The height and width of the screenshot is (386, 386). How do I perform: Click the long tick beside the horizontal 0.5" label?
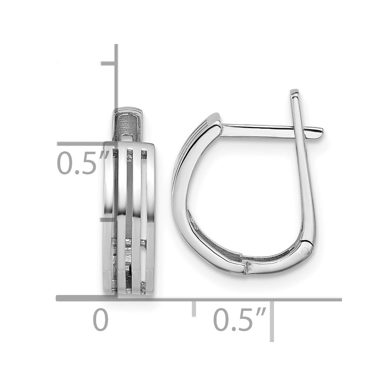click(x=272, y=320)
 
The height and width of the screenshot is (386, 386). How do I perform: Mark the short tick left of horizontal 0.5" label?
click(x=194, y=309)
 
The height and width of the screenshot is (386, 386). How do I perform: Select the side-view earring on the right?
click(x=247, y=193)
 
